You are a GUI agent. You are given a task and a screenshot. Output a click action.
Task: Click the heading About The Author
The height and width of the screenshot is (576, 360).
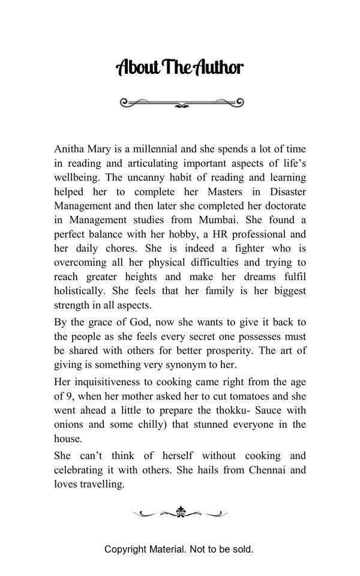click(179, 67)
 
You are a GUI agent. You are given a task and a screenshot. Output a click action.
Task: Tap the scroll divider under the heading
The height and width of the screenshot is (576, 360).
click(182, 103)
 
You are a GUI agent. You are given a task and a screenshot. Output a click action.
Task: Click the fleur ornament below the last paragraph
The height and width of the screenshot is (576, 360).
click(180, 512)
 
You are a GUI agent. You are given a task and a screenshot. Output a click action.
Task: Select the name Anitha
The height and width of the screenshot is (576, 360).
click(70, 149)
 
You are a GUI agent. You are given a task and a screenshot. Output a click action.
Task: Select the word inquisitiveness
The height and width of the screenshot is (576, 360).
click(107, 382)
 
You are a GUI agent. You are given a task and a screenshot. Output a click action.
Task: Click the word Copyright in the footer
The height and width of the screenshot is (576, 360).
click(124, 549)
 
